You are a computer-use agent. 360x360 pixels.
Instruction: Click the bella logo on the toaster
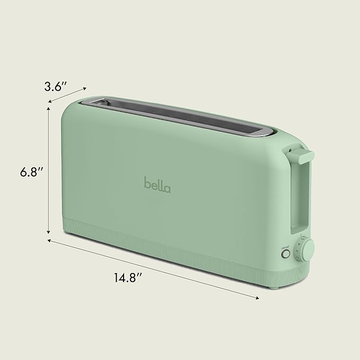pos(157,184)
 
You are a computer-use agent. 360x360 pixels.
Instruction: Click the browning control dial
pos(305,249)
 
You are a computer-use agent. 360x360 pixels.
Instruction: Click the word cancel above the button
pos(285,247)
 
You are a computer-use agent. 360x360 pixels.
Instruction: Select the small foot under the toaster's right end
pos(274,287)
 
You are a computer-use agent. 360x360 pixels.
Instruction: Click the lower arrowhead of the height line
pos(49,232)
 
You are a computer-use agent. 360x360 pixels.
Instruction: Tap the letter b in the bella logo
pos(147,183)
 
